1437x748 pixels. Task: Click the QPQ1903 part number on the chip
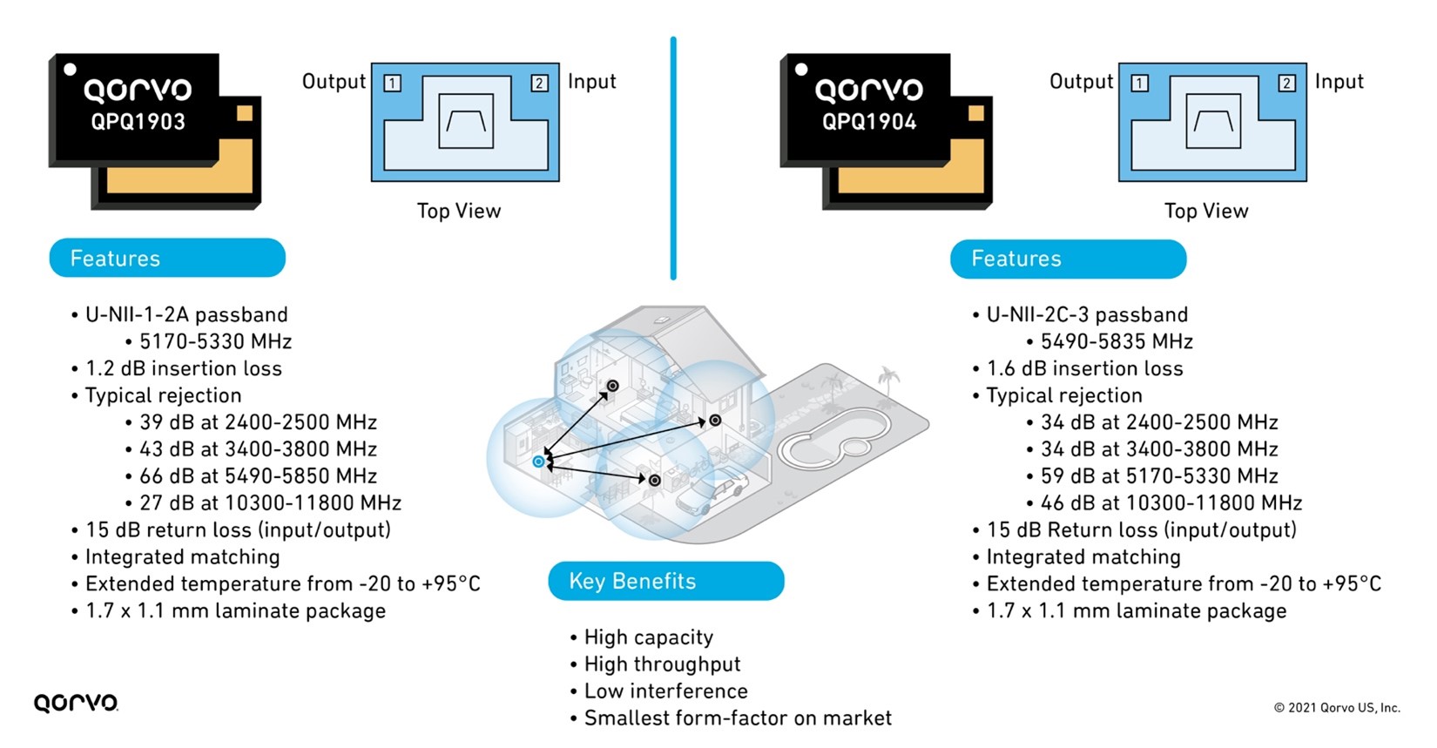point(138,122)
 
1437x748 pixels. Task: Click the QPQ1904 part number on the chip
point(869,122)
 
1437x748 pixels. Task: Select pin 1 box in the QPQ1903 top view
point(393,83)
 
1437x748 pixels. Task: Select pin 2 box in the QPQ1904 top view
point(1286,83)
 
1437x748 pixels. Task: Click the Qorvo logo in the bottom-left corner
point(76,703)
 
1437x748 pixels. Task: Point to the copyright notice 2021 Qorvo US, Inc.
point(1337,707)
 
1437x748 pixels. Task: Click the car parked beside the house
point(712,493)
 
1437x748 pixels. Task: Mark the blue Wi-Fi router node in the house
point(539,462)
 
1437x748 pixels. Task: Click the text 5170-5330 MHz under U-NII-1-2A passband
point(215,341)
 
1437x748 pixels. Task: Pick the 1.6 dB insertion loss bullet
point(1084,368)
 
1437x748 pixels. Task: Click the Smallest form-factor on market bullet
point(737,718)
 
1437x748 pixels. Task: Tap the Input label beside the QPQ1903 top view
point(591,82)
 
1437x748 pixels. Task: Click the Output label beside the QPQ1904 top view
point(1081,82)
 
